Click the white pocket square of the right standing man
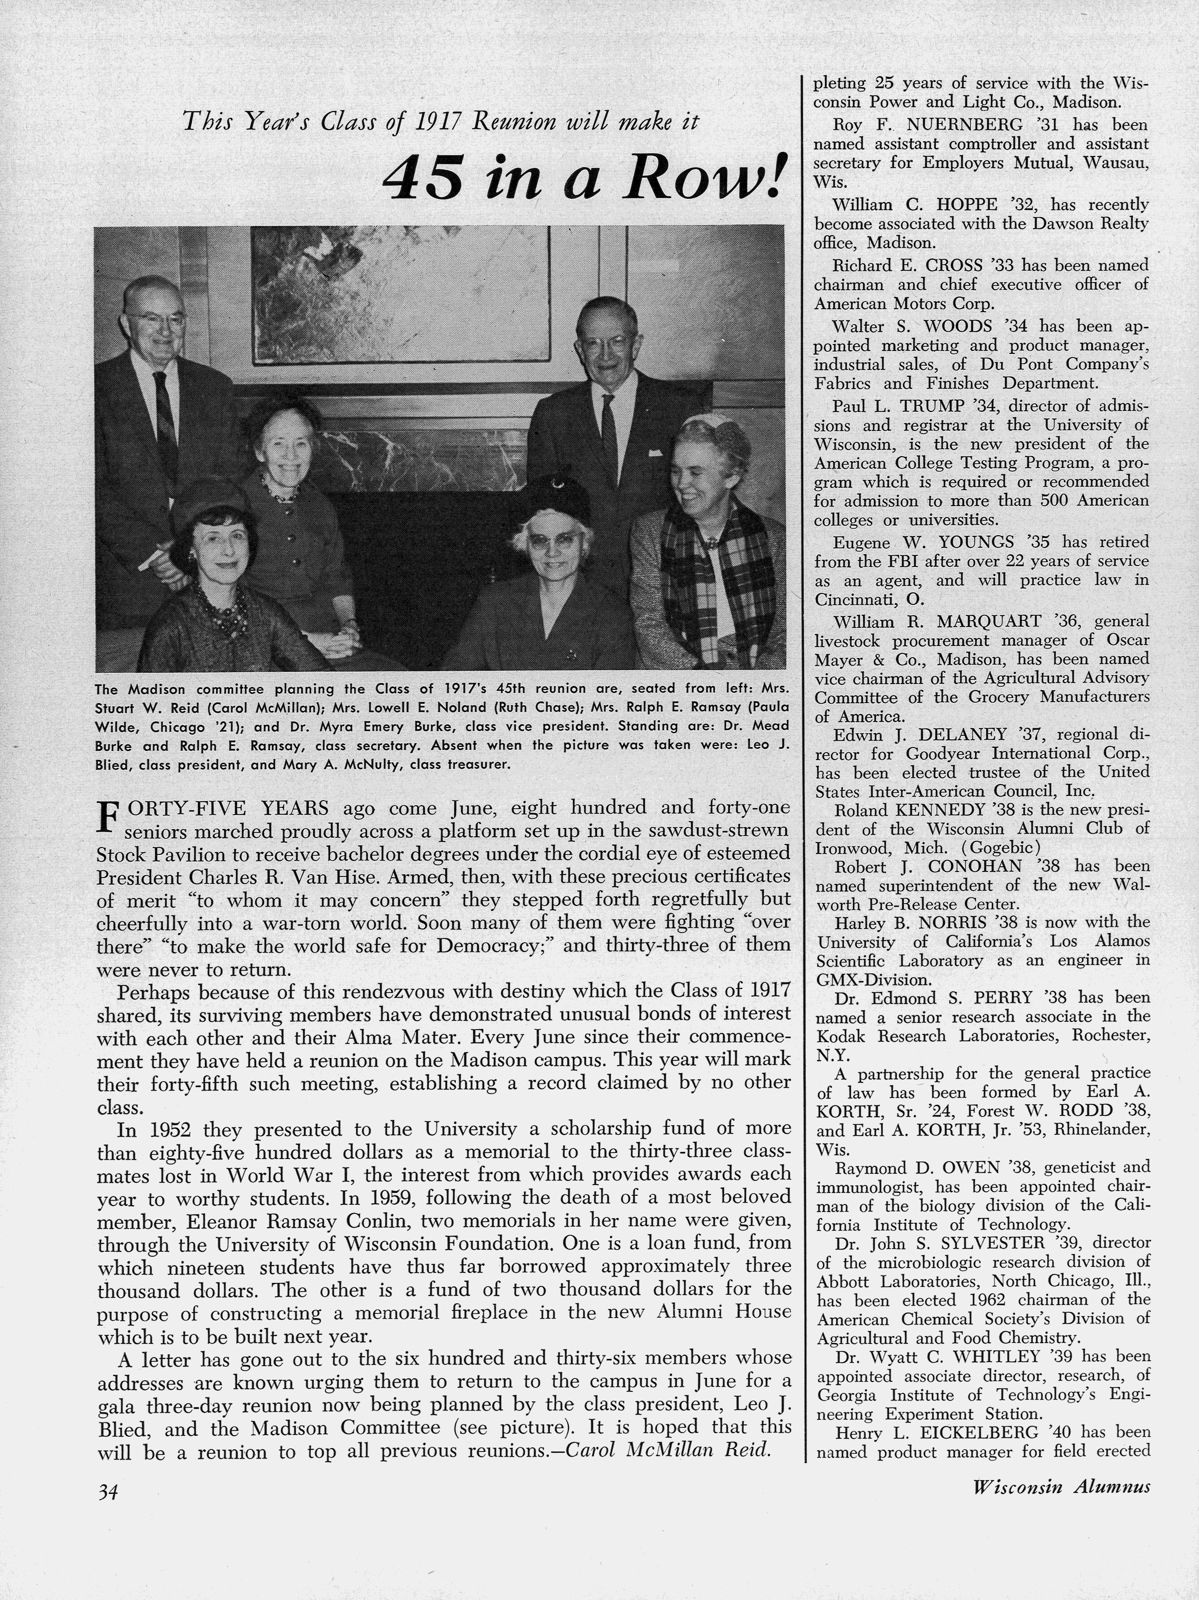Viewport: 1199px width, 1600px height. [x=656, y=453]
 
